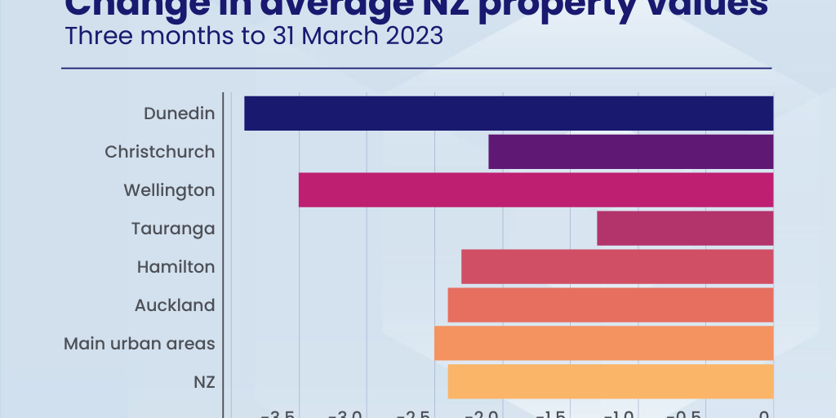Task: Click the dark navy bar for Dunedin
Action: pos(508,113)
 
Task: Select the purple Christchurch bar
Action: pos(630,152)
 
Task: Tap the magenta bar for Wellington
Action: pos(536,189)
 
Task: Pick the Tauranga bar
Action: pos(685,228)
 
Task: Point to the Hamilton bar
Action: pos(617,266)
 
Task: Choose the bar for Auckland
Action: pos(610,305)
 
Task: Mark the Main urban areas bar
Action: pos(603,343)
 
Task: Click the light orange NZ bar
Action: pos(610,381)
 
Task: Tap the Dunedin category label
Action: pos(179,113)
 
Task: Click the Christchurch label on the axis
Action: pos(160,152)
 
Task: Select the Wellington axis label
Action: pos(169,190)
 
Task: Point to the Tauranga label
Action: pos(173,229)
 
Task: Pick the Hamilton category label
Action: pos(176,267)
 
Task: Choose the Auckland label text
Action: pos(175,305)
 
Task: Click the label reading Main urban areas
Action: pos(140,344)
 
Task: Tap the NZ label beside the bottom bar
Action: pos(204,381)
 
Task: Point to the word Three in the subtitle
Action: pos(93,37)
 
